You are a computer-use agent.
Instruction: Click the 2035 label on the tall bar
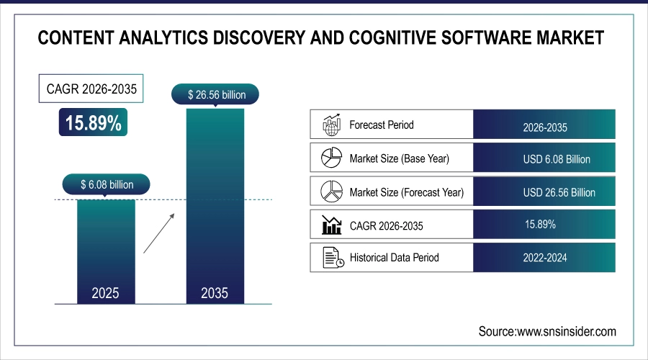tap(215, 293)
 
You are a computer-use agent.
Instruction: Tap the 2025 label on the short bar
tap(106, 293)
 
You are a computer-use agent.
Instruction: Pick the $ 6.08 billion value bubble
tap(106, 185)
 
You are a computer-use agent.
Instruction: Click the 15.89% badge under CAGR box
tap(94, 122)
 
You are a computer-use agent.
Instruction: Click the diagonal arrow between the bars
tap(158, 232)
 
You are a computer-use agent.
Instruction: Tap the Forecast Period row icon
tap(330, 125)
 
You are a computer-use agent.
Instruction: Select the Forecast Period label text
tap(382, 125)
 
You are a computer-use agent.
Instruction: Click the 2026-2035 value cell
tap(545, 127)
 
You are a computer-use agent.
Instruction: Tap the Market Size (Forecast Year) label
tap(406, 192)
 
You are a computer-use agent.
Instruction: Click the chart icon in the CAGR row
tap(330, 225)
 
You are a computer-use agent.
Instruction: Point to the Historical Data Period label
tap(394, 257)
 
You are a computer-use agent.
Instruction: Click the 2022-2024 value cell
tap(545, 258)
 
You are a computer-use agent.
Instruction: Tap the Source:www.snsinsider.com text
tap(547, 331)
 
